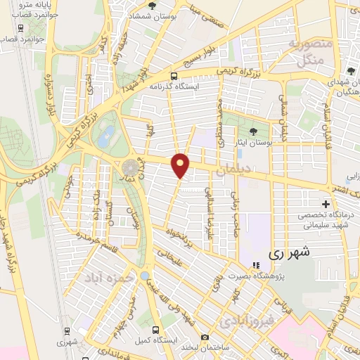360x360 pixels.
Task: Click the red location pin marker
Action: point(181,165)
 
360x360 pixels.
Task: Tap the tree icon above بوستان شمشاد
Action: point(152,6)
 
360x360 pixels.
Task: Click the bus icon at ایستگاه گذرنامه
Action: point(174,76)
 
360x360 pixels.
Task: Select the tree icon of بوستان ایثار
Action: point(253,131)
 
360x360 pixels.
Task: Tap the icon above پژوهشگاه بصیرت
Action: point(256,265)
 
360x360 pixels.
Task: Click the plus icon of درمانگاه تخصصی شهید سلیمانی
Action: point(326,204)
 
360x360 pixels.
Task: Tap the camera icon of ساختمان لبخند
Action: point(205,338)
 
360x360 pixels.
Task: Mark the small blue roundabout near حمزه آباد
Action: point(144,276)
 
